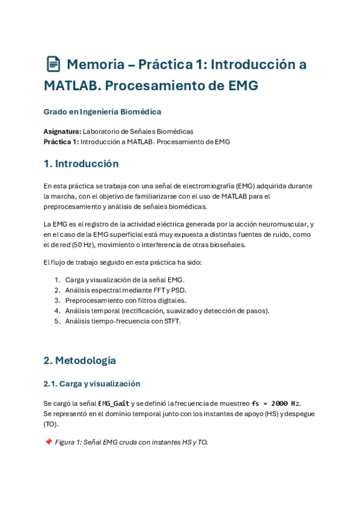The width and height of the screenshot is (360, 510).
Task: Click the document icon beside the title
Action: pos(53,64)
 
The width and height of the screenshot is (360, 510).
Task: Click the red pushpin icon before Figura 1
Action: pos(48,442)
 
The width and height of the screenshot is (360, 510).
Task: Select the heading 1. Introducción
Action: pos(81,164)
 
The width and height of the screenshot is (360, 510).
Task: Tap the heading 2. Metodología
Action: pos(79,360)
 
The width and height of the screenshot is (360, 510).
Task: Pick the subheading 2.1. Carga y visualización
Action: pos(91,384)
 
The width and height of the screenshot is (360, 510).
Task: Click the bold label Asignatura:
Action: pos(62,131)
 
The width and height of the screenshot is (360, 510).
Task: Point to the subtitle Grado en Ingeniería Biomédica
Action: pos(102,112)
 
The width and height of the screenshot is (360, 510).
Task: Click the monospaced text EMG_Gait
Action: pos(114,403)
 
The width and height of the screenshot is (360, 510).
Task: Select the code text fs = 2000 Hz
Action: pos(275,403)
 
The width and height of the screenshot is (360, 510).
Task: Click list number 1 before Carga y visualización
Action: pos(57,280)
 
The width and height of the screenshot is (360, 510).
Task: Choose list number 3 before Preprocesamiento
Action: pos(57,300)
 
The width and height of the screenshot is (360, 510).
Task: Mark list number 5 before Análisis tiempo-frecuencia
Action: pos(57,321)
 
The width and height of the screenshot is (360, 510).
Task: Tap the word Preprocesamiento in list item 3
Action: pos(93,300)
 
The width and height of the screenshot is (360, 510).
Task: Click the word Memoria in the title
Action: pos(93,64)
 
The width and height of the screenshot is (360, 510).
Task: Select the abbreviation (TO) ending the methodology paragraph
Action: pos(50,423)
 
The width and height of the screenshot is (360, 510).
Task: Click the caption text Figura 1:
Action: pos(70,442)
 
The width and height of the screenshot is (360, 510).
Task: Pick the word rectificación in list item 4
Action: pos(144,310)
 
